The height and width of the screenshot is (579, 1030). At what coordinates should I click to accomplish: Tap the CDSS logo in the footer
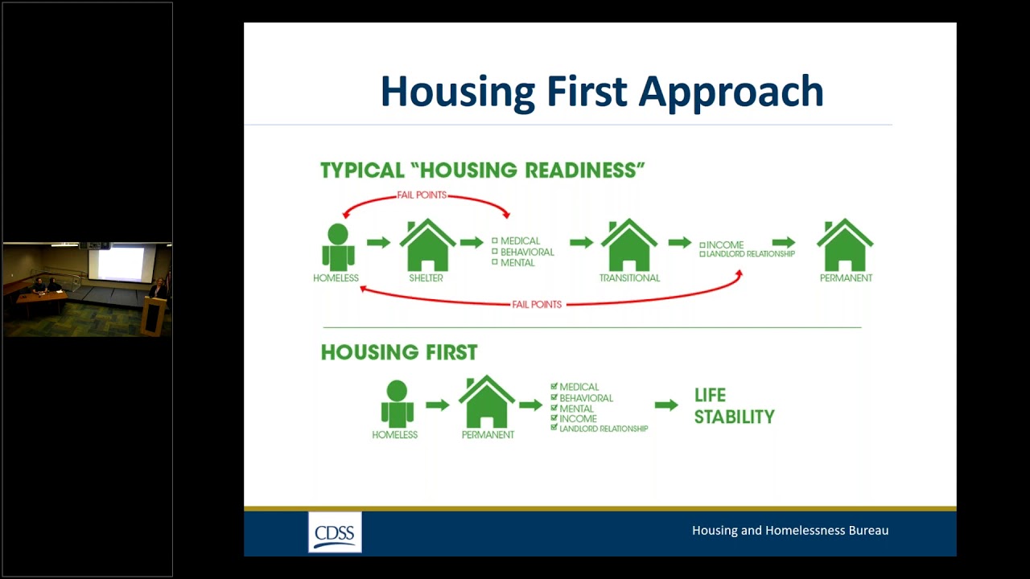335,532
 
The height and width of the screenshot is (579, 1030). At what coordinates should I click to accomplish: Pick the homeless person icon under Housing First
397,404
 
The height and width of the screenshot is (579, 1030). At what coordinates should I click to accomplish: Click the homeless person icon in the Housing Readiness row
338,247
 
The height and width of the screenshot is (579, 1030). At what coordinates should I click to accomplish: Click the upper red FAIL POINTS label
422,195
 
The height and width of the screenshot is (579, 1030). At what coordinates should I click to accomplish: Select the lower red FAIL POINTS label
537,305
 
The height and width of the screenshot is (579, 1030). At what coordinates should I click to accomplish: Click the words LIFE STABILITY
734,406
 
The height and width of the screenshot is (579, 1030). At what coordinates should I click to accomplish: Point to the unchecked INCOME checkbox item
722,244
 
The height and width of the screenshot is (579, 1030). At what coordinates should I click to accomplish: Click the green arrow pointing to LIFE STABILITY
666,405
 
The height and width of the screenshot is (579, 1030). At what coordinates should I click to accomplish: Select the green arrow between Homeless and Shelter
378,242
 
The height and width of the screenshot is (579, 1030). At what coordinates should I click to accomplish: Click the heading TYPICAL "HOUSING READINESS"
483,170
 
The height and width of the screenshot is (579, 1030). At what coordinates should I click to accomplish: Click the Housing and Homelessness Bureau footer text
790,531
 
